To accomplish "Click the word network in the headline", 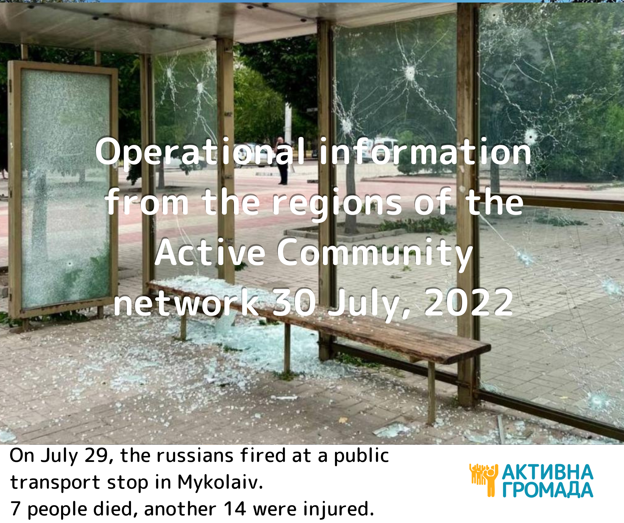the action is point(186,303).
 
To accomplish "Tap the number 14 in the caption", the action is point(235,509).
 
